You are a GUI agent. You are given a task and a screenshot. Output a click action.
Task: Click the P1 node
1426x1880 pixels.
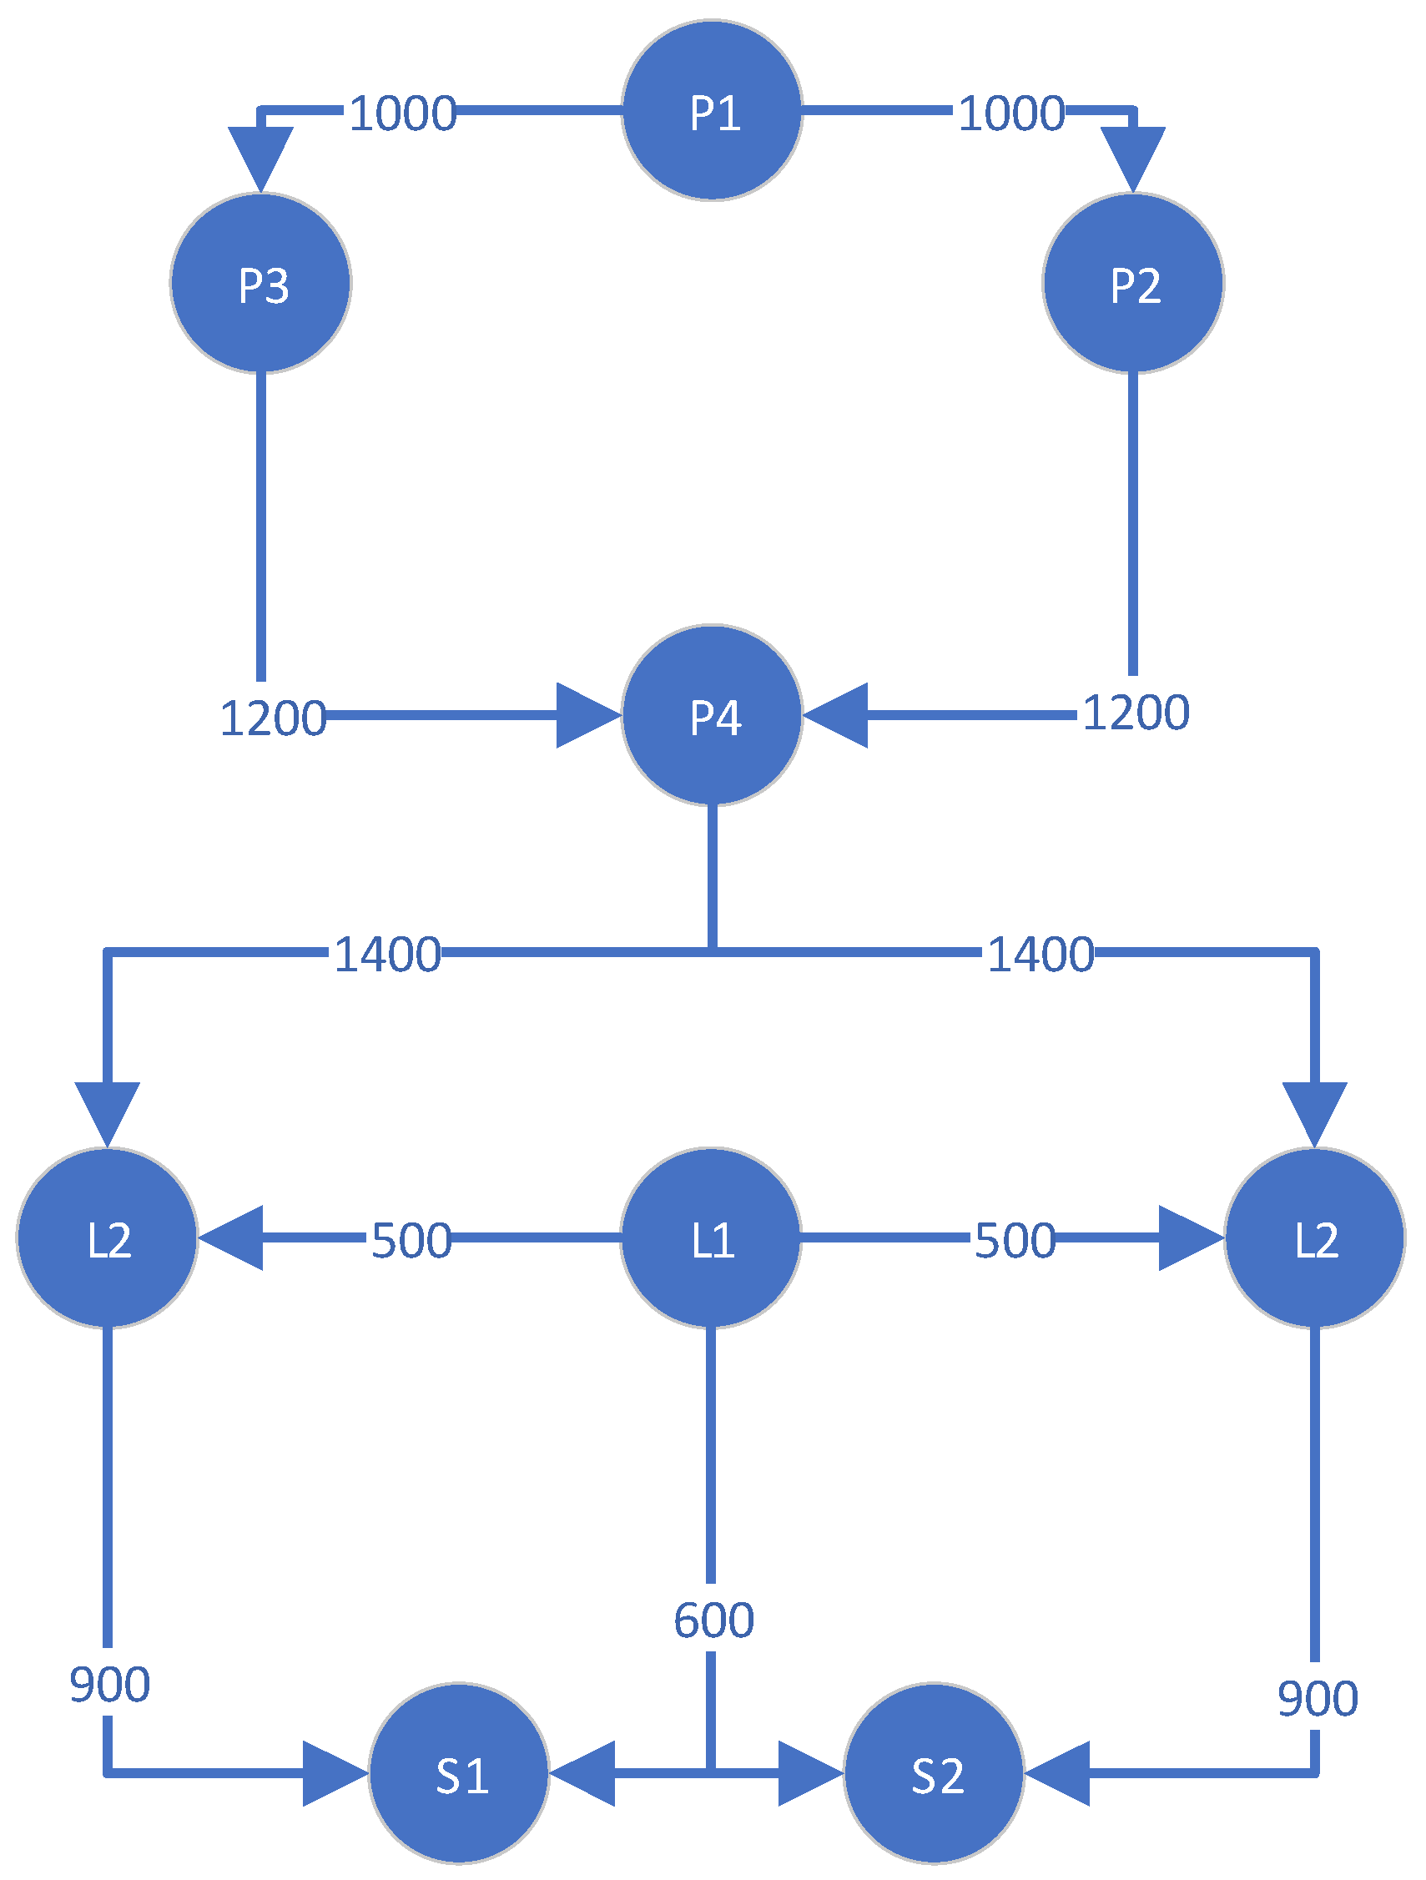coord(712,110)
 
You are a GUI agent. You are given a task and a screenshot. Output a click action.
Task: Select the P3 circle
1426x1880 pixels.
coord(261,283)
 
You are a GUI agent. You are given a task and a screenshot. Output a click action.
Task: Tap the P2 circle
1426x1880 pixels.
coord(1133,283)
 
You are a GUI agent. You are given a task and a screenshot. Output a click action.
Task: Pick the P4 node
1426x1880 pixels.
coord(712,715)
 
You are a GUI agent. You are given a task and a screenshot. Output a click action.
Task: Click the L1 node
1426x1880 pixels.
coord(710,1237)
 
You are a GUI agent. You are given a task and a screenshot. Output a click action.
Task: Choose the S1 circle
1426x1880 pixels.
coord(459,1773)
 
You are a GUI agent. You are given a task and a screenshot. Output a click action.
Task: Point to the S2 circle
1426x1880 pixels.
coord(934,1773)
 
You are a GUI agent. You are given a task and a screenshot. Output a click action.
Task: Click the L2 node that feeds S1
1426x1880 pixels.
coord(107,1237)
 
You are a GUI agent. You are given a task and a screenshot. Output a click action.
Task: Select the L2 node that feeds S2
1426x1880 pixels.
coord(1315,1237)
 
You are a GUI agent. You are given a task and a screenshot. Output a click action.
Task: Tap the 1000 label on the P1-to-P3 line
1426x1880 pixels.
coord(403,113)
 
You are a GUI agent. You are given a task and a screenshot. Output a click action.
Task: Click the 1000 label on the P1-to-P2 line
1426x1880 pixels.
coord(1011,113)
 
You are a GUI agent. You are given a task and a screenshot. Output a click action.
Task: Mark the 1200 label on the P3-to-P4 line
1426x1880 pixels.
coord(273,718)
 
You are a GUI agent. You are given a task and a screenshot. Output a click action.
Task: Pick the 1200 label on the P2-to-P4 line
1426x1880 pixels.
coord(1136,713)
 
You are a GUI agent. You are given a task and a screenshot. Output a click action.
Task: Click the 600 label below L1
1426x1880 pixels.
coord(714,1620)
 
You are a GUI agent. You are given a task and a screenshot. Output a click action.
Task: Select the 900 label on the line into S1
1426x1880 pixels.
coord(109,1684)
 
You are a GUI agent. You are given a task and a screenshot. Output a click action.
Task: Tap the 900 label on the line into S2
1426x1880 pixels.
coord(1318,1698)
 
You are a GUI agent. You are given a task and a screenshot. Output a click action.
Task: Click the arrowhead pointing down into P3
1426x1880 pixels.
coord(261,158)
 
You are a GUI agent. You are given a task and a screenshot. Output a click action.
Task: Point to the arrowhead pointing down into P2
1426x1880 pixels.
coord(1133,158)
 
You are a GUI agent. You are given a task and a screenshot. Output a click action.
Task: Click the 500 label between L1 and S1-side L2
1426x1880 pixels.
coord(411,1240)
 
